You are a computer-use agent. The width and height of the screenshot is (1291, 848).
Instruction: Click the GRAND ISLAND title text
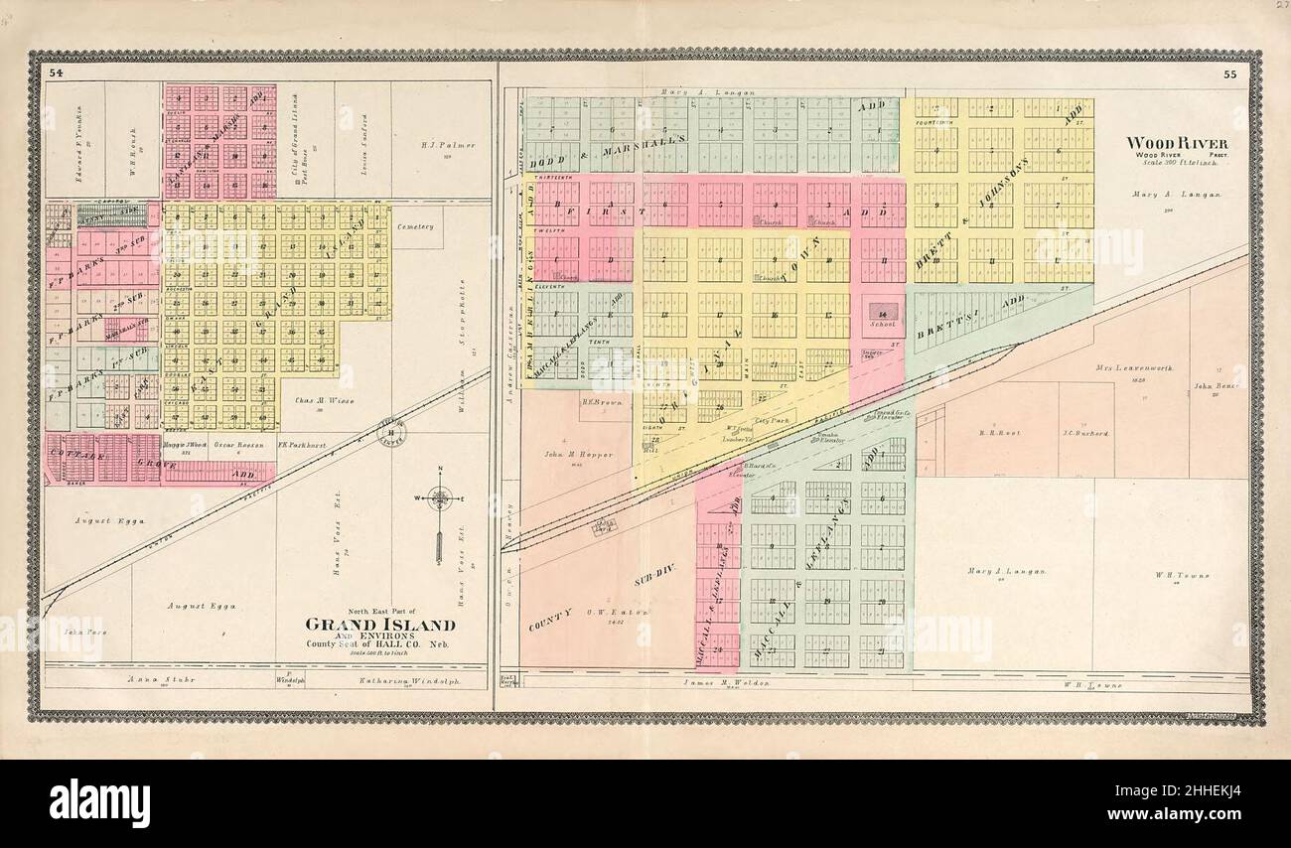tap(379, 625)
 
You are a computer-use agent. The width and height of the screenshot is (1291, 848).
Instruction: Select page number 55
tap(1229, 74)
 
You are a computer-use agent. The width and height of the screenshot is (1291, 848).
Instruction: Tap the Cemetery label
tap(415, 226)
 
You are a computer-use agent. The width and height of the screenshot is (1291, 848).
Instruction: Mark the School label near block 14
tap(881, 324)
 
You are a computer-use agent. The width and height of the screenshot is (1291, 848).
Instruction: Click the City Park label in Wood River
tap(771, 420)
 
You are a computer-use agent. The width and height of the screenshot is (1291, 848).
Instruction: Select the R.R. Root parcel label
tap(993, 433)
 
